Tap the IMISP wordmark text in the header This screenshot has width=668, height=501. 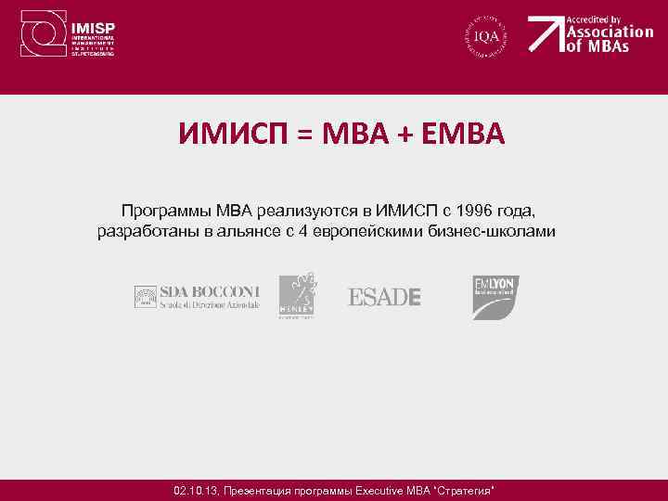click(x=95, y=27)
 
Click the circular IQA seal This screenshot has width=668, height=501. click(x=487, y=35)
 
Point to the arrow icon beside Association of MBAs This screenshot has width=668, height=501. click(x=546, y=34)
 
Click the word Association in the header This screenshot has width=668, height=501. click(x=610, y=31)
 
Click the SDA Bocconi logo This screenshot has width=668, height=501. click(x=197, y=296)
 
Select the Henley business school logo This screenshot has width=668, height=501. click(x=297, y=296)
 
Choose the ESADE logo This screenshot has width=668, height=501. click(x=384, y=297)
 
